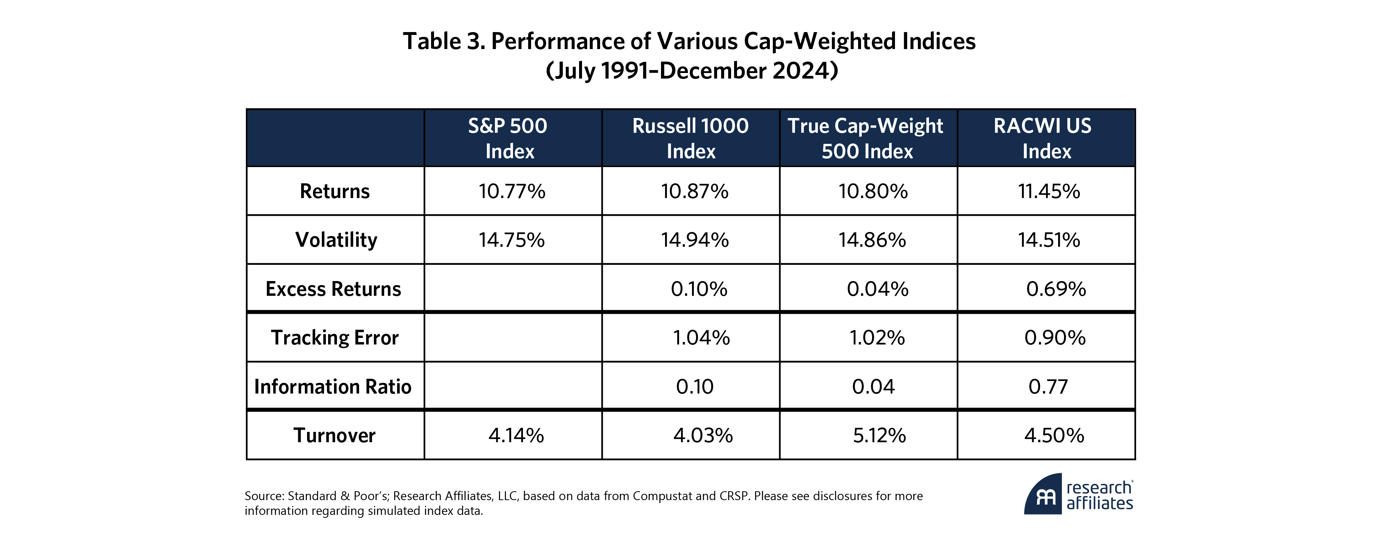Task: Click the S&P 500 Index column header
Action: pyautogui.click(x=508, y=138)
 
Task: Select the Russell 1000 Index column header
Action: pyautogui.click(x=691, y=138)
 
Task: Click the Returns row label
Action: pyautogui.click(x=335, y=191)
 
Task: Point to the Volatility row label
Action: pyautogui.click(x=336, y=239)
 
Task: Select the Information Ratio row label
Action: pyautogui.click(x=333, y=387)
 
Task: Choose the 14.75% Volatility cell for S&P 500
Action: pyautogui.click(x=512, y=239)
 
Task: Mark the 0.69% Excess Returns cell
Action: pyautogui.click(x=1056, y=289)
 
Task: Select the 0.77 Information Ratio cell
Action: pyautogui.click(x=1048, y=387)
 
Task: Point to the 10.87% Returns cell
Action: pyautogui.click(x=695, y=191)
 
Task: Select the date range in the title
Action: pyautogui.click(x=692, y=71)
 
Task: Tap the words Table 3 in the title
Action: pyautogui.click(x=443, y=41)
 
